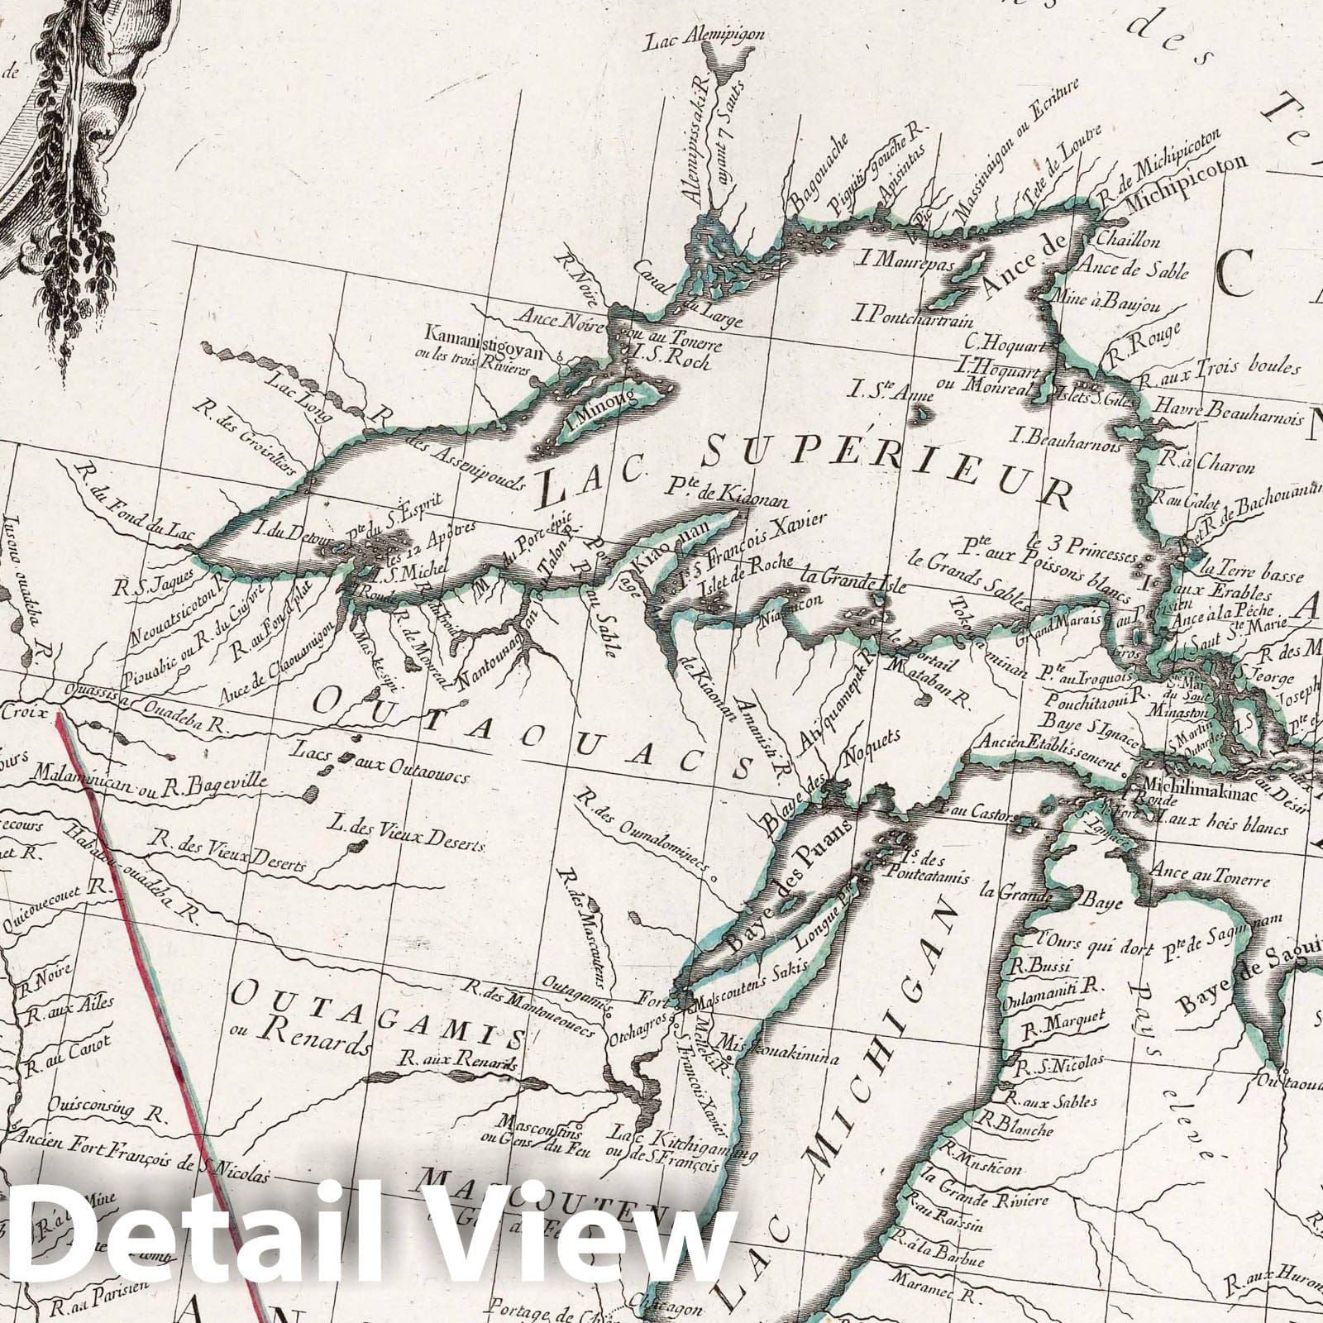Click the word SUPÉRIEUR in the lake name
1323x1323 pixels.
pos(885,468)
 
